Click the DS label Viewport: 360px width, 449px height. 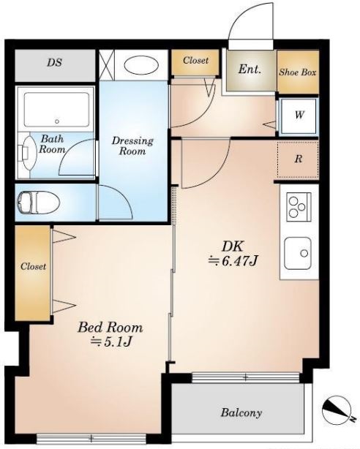[x=54, y=63]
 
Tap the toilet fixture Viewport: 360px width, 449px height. [x=39, y=203]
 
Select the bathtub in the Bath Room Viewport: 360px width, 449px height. [x=56, y=110]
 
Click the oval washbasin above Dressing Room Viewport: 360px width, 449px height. [x=142, y=65]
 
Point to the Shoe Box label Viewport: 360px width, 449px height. [x=298, y=72]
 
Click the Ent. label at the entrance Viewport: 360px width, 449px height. [x=250, y=69]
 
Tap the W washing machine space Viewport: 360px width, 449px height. [x=299, y=116]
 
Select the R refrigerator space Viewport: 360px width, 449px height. [x=298, y=159]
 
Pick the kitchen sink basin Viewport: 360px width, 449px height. [x=298, y=253]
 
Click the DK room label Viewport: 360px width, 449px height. [x=233, y=246]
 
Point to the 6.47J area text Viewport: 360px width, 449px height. [x=233, y=261]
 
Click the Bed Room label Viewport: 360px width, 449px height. [x=110, y=328]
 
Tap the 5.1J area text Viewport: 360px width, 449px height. [x=111, y=342]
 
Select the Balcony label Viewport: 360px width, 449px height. [x=241, y=412]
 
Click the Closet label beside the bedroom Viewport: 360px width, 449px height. [x=33, y=267]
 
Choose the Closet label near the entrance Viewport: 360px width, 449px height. [x=196, y=61]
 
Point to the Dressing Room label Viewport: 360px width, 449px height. [x=132, y=146]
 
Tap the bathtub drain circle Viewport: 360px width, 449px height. [x=57, y=121]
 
